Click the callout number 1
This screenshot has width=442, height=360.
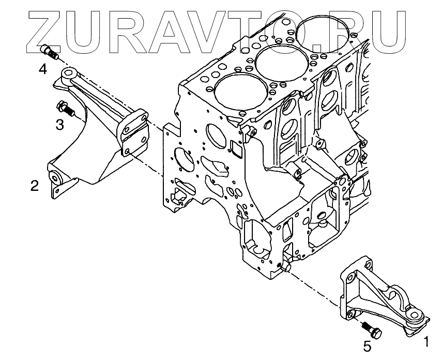click(x=426, y=341)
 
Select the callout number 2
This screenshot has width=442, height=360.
click(x=34, y=185)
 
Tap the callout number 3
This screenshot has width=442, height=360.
click(x=59, y=124)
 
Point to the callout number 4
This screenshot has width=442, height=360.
click(x=43, y=68)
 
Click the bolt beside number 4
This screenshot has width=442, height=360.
click(x=50, y=52)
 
